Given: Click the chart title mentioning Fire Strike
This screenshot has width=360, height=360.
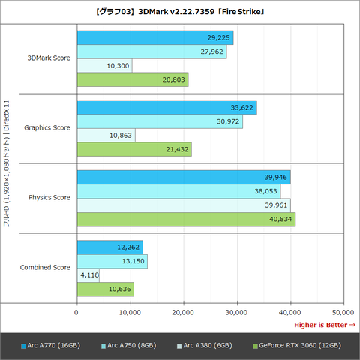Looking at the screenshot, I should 180,13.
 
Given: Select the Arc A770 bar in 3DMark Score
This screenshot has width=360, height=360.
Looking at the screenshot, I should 154,38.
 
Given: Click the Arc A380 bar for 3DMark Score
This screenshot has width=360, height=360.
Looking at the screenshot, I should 104,66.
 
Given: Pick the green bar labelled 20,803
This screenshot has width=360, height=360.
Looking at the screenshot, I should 132,79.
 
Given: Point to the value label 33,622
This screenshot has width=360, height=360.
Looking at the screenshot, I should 242,108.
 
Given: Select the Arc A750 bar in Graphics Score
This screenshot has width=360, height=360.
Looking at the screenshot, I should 159,121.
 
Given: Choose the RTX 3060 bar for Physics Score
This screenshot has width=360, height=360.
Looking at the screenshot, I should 185,219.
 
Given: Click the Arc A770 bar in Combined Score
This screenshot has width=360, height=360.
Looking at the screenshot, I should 109,247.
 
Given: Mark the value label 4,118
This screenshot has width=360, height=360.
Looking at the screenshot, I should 89,274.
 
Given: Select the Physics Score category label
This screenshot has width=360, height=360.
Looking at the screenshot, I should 49,198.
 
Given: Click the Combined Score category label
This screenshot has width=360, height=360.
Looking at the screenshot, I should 46,267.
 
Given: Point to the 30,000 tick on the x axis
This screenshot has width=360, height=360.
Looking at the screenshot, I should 237,311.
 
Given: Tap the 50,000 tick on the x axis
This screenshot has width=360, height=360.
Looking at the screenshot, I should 343,311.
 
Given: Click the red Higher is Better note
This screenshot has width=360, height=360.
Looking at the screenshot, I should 324,324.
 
